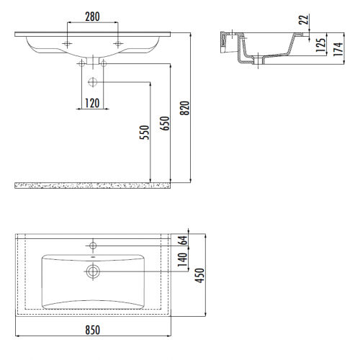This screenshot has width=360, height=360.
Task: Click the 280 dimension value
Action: pyautogui.click(x=92, y=17)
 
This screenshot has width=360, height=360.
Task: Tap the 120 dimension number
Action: pyautogui.click(x=92, y=103)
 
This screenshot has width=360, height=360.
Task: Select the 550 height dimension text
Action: pyautogui.click(x=145, y=132)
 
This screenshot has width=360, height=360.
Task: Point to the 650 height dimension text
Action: pyautogui.click(x=165, y=123)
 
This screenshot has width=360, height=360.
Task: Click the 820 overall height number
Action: pyautogui.click(x=185, y=108)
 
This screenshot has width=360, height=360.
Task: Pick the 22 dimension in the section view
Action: pyautogui.click(x=304, y=19)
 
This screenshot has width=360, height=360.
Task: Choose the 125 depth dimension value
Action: pyautogui.click(x=320, y=45)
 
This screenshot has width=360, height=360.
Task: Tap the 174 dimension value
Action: pyautogui.click(x=338, y=49)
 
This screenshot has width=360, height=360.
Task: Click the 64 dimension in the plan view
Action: pyautogui.click(x=183, y=240)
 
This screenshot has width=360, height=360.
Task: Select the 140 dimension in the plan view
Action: pyautogui.click(x=182, y=259)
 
